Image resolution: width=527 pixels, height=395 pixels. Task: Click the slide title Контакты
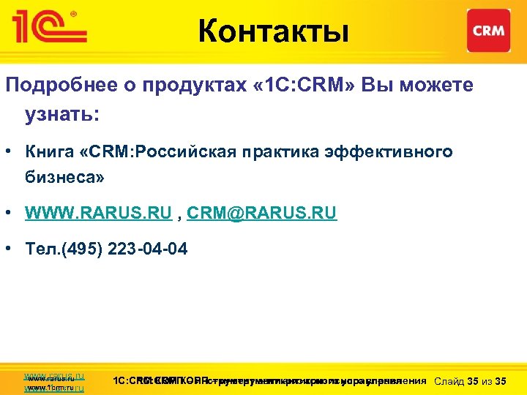(272, 32)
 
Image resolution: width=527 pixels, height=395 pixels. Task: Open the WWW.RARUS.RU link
(98, 214)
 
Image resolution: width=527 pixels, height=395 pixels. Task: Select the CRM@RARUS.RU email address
(261, 214)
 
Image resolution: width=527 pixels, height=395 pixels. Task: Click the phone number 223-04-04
(147, 249)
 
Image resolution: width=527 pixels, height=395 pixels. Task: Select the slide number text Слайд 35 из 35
(470, 381)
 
